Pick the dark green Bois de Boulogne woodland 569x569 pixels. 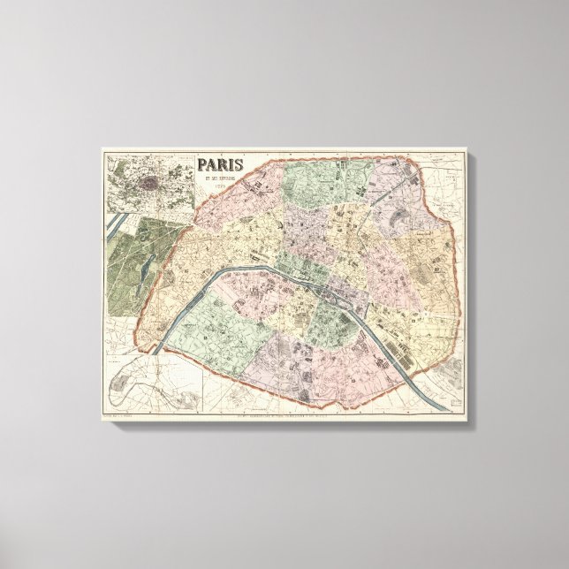[x=128, y=265]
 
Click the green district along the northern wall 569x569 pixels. [x=305, y=177]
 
